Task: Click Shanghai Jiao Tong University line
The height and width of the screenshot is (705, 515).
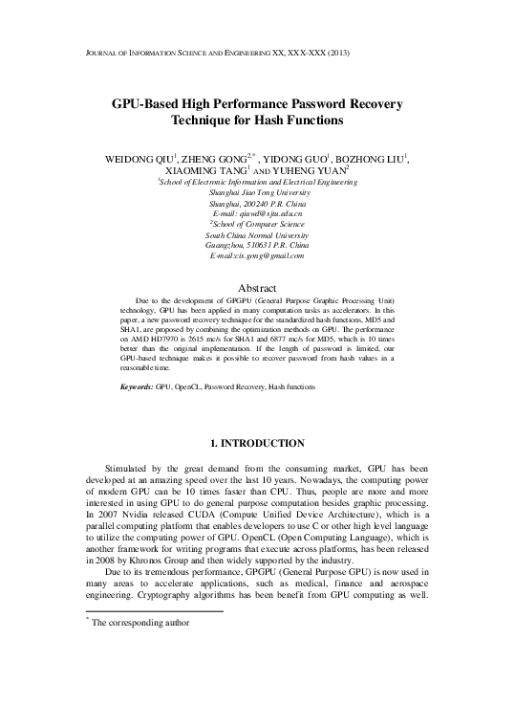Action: (x=258, y=192)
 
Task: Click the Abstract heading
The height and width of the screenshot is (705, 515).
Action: (x=258, y=288)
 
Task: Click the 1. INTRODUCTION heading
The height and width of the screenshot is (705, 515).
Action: (x=258, y=443)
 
